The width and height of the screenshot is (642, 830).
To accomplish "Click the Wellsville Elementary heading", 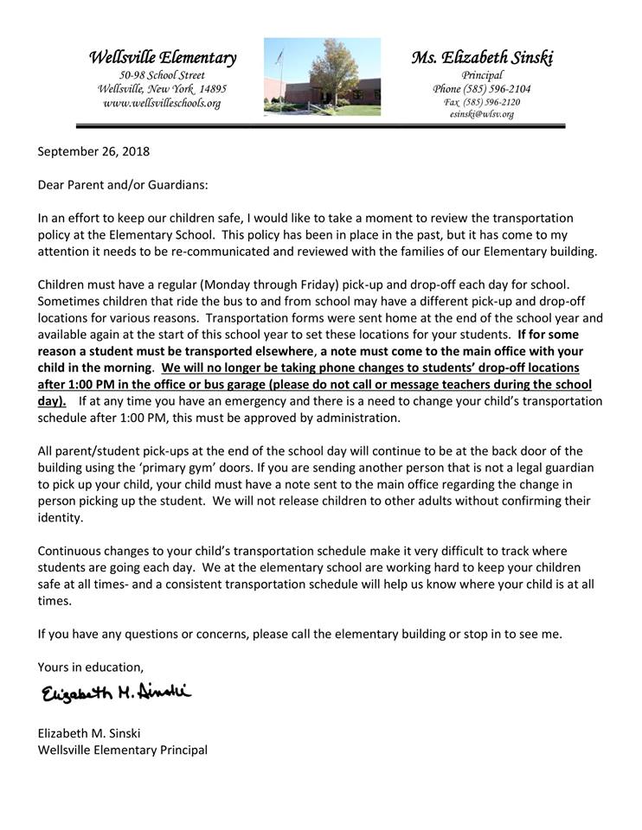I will click(162, 58).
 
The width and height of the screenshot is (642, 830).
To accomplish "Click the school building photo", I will click(321, 76).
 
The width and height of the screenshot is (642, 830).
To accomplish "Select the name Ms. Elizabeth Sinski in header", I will click(482, 58).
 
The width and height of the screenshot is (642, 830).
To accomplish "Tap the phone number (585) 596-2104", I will click(482, 89).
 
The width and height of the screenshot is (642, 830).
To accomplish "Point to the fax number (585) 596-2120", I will click(482, 102).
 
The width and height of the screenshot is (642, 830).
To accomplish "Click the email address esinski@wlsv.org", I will click(482, 114).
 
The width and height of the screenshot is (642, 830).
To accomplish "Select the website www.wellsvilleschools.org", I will click(162, 103).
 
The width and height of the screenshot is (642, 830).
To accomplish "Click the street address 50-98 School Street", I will click(162, 76).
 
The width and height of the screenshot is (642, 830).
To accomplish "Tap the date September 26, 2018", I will click(93, 151).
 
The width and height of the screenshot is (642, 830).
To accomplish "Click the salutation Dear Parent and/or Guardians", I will click(123, 185).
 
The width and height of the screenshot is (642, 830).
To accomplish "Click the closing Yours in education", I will click(91, 667).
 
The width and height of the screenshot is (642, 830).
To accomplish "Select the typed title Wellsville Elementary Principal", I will click(123, 750).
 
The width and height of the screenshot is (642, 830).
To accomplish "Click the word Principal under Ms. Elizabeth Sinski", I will click(482, 76).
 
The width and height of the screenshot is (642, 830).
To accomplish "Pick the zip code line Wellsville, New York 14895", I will click(162, 89).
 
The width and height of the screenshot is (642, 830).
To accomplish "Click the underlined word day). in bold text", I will click(53, 401).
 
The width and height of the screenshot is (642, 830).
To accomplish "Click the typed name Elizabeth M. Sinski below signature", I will click(89, 733).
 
